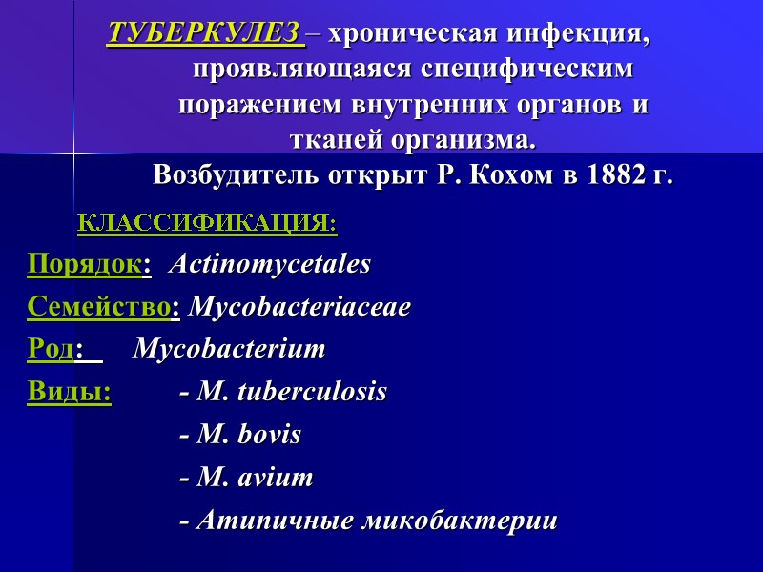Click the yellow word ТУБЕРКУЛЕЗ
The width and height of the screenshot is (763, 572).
click(204, 34)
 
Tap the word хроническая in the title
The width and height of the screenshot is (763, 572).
click(412, 34)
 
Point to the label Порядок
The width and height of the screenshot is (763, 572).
click(84, 264)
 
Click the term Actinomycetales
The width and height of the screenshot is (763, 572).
click(270, 264)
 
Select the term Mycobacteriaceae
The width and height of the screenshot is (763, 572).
click(300, 307)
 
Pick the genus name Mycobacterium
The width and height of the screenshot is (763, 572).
click(230, 349)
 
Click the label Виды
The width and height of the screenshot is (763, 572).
click(69, 392)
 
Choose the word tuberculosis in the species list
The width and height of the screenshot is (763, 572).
click(312, 392)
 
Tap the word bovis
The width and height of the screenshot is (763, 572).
click(269, 435)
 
